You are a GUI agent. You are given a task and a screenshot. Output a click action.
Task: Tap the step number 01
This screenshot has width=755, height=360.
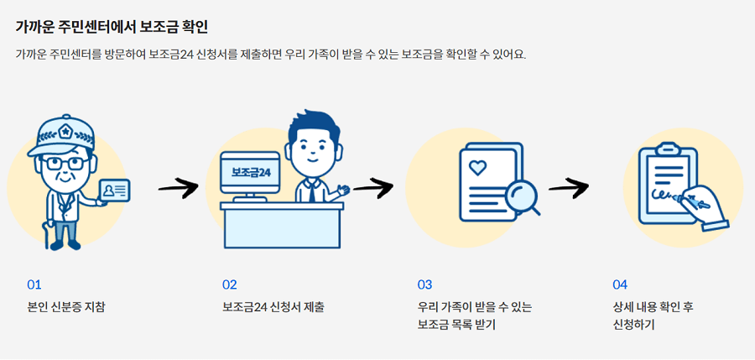tap(34, 284)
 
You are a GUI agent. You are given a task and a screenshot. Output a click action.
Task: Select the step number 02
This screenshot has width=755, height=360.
tap(230, 284)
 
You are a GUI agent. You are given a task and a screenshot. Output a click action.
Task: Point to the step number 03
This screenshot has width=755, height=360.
tap(425, 284)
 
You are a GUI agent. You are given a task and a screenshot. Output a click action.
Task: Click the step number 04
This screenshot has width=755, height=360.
tap(620, 284)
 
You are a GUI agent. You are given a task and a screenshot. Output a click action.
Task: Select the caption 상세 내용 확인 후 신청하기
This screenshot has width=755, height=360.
tap(653, 316)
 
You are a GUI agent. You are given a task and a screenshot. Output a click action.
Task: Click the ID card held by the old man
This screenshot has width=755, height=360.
tap(115, 192)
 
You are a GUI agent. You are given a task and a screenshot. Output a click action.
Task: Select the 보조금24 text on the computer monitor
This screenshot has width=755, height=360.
tap(251, 172)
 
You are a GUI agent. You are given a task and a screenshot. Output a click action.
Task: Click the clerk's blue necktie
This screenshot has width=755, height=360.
tap(310, 192)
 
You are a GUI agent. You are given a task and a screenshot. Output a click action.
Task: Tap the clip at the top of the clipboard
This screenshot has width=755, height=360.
tap(667, 149)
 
